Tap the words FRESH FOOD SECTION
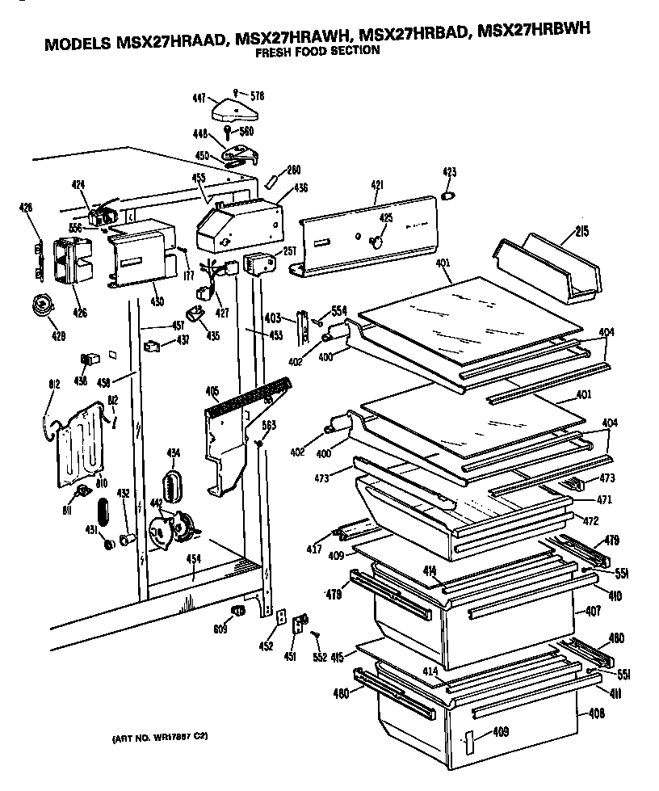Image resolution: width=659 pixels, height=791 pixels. [317, 53]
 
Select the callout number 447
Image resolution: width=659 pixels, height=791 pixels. [198, 97]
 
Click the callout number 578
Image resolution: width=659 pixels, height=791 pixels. [257, 96]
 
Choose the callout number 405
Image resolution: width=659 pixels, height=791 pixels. [212, 393]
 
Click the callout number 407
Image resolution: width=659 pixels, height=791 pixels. [593, 612]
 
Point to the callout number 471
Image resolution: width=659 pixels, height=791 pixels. [604, 499]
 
